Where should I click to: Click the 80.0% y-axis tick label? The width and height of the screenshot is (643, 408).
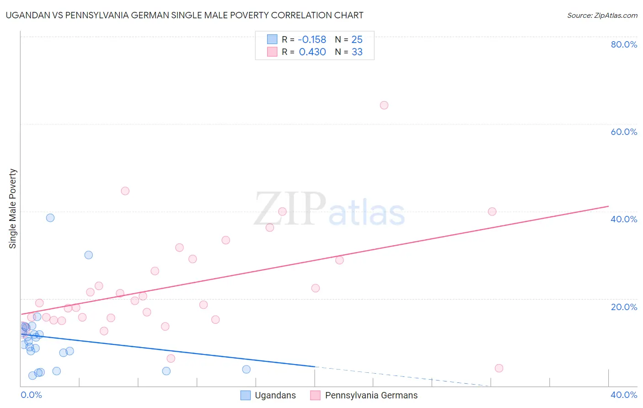624,44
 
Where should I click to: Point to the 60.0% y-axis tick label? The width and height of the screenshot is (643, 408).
624,132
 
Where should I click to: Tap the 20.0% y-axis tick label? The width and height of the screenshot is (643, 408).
624,306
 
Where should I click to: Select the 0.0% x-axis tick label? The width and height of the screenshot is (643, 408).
31,395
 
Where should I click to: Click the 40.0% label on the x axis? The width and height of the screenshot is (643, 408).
624,395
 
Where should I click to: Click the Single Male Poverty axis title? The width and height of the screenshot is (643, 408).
12,209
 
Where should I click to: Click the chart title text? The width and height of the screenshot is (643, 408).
184,15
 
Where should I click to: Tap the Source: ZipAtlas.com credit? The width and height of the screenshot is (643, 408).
602,15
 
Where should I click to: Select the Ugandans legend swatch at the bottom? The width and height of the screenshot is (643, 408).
246,395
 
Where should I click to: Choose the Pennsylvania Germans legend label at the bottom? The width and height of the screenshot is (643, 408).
371,395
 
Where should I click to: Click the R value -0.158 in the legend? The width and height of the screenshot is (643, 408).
312,39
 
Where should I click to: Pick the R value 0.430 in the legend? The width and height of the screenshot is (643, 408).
312,52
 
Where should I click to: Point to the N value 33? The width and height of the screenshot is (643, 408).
357,52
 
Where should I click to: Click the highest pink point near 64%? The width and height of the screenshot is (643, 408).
384,105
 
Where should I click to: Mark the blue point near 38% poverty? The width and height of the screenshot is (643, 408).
50,218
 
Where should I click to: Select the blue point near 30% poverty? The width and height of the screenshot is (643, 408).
89,255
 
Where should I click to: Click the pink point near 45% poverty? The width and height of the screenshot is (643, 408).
125,191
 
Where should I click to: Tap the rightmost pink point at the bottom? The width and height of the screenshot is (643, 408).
499,368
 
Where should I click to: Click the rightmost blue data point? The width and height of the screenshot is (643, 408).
246,369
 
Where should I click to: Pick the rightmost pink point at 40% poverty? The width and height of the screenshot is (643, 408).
492,211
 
